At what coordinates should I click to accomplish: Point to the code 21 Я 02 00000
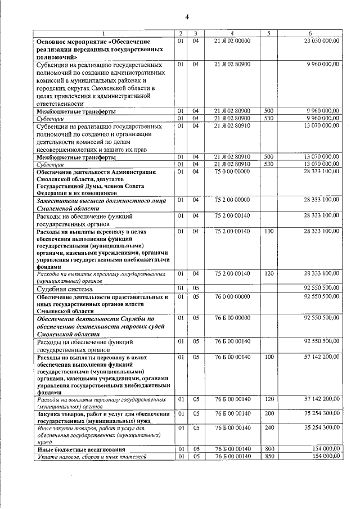pyautogui.click(x=232, y=41)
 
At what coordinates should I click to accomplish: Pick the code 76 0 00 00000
pyautogui.click(x=232, y=296)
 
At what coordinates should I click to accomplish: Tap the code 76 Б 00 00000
pyautogui.click(x=232, y=318)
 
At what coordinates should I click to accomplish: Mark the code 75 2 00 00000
pyautogui.click(x=232, y=200)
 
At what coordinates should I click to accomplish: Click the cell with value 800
pyautogui.click(x=269, y=449)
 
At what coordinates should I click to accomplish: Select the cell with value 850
pyautogui.click(x=269, y=456)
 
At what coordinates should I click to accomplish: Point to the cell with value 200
pyautogui.click(x=269, y=413)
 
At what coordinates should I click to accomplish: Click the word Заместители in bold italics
pyautogui.click(x=56, y=200)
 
